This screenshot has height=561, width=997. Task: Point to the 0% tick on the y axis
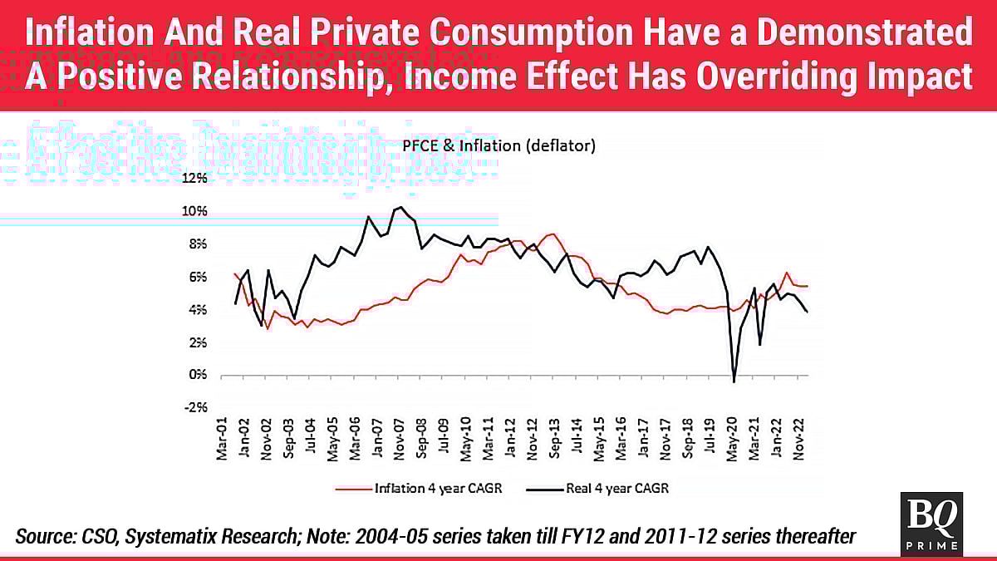(x=199, y=376)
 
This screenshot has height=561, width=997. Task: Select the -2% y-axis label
(x=197, y=408)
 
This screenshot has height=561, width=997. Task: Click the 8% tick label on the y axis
(x=199, y=244)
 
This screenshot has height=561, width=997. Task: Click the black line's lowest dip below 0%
(x=734, y=381)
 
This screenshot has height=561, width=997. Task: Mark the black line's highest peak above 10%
(x=400, y=207)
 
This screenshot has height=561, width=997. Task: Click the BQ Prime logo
(x=931, y=522)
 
